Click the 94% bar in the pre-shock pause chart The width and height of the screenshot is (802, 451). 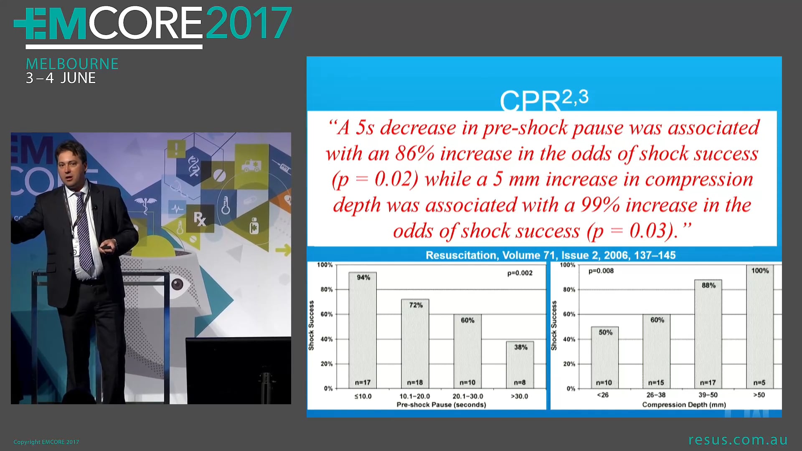(x=363, y=330)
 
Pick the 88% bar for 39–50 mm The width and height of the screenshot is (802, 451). (x=708, y=334)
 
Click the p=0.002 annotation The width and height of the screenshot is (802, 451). (x=520, y=273)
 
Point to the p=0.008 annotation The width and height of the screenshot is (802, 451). (x=601, y=271)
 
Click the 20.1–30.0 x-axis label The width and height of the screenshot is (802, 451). (x=467, y=396)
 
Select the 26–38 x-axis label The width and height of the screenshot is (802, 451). (x=656, y=395)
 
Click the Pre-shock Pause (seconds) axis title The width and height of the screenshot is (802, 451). (x=441, y=405)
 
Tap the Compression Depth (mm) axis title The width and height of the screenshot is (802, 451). (x=684, y=405)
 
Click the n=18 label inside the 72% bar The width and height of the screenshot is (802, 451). (x=415, y=383)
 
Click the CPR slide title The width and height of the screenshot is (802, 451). (x=543, y=100)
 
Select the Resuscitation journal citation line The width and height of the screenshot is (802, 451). (x=550, y=255)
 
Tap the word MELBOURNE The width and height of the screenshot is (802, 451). (x=72, y=64)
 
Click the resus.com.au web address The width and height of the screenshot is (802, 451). (x=738, y=440)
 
